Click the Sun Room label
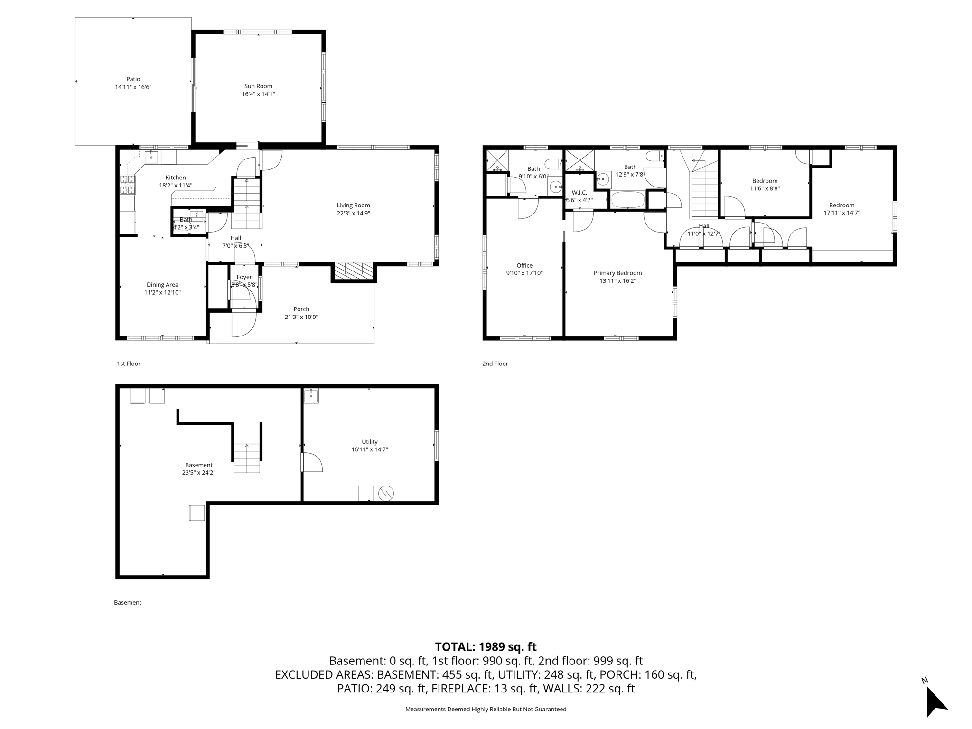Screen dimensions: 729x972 pos(258,86)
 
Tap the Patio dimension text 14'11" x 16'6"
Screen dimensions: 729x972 pos(133,87)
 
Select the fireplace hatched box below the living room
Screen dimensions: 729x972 pos(354,271)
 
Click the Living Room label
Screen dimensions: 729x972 pos(353,206)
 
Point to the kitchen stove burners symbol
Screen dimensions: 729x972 pos(127,185)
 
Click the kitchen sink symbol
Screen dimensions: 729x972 pos(151,156)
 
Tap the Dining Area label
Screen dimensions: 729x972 pos(162,285)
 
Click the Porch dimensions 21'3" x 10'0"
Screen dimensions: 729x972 pos(301,317)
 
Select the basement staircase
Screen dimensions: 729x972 pos(247,458)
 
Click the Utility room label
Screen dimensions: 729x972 pos(370,442)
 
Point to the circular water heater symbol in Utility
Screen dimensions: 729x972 pos(386,494)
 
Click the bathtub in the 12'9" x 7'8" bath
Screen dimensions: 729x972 pos(627,200)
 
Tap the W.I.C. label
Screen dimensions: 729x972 pos(579,193)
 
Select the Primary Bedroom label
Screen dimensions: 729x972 pos(617,273)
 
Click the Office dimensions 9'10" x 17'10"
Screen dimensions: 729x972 pos(524,273)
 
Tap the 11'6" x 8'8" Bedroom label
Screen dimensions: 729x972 pos(765,181)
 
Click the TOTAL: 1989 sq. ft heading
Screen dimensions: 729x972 pos(486,647)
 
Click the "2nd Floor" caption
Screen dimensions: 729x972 pos(495,364)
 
